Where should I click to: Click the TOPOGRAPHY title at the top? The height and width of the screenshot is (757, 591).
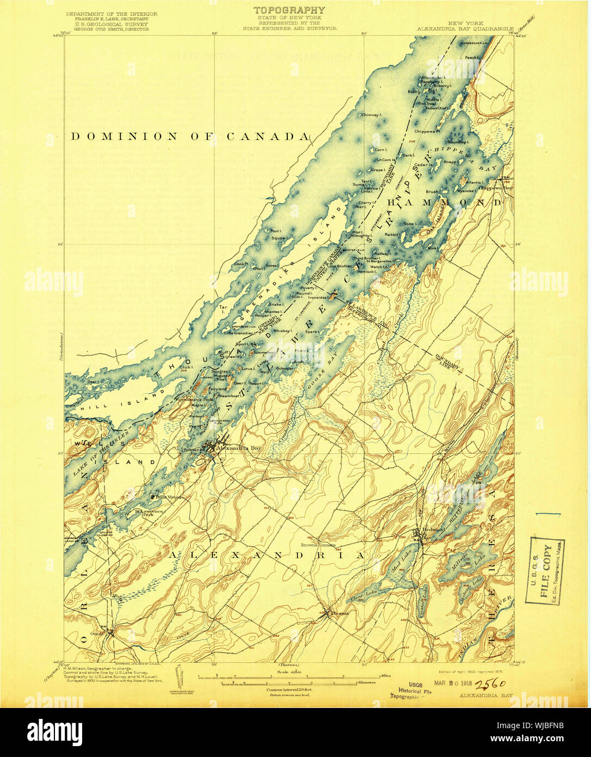289,10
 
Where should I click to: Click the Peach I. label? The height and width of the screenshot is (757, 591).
471,57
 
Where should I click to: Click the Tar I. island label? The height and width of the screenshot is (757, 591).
223,308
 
